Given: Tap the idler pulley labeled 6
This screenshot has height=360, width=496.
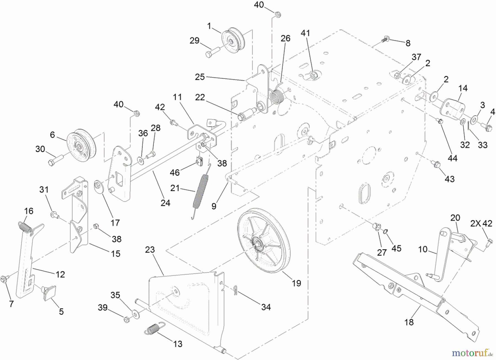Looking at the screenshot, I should [81, 145].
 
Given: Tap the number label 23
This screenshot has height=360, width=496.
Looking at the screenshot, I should [150, 250].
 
